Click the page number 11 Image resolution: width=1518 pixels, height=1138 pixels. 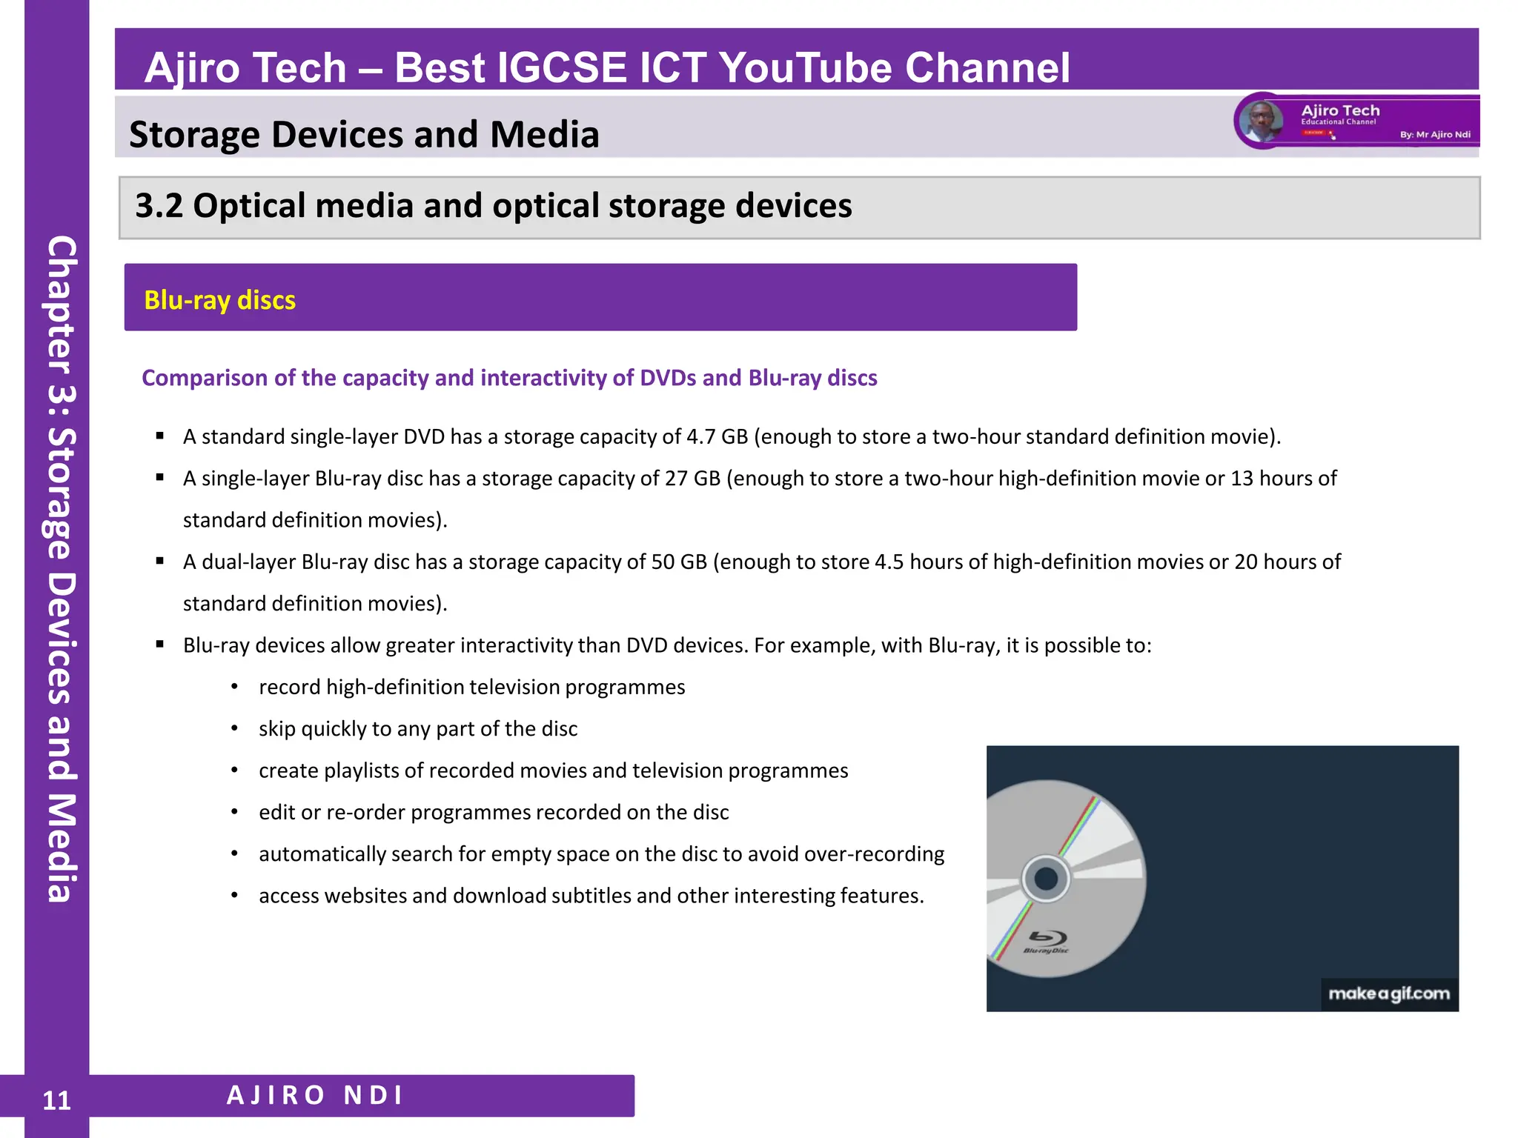point(56,1100)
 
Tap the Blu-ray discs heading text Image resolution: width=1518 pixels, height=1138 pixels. point(219,300)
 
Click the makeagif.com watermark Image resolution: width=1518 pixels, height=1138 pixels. point(1388,994)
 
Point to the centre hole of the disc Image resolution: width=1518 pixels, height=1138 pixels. point(1046,879)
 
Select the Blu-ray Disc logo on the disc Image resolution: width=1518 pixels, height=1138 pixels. point(1046,941)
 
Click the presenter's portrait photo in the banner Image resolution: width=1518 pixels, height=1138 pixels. point(1261,121)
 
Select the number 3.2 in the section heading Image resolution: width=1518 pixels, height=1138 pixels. point(159,206)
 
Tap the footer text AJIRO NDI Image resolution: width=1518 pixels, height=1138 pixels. point(315,1095)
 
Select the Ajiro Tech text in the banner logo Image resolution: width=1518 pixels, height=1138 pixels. point(1340,110)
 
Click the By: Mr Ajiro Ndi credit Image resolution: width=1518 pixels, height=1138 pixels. point(1434,135)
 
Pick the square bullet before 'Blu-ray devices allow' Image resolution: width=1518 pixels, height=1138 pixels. point(160,645)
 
